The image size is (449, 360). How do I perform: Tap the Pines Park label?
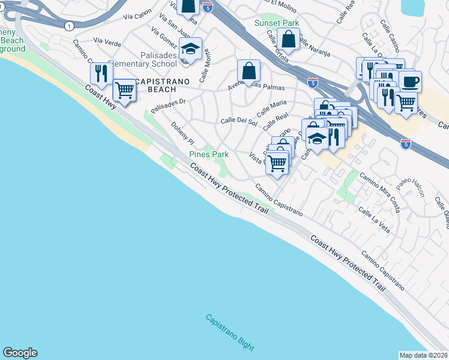pos(209,154)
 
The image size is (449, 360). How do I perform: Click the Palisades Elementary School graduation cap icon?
pos(191,49)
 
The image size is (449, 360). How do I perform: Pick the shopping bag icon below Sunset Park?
pos(289,40)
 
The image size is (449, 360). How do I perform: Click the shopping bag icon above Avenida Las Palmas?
pos(249,71)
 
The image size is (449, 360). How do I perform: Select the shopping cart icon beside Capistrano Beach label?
pos(124,90)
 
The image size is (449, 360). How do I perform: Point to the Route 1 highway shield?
pos(70,26)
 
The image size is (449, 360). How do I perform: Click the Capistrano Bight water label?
pos(230,333)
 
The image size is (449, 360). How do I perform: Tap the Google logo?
pos(20,353)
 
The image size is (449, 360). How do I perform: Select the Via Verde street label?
pos(107,43)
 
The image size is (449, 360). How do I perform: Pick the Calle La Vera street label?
pos(374,220)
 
